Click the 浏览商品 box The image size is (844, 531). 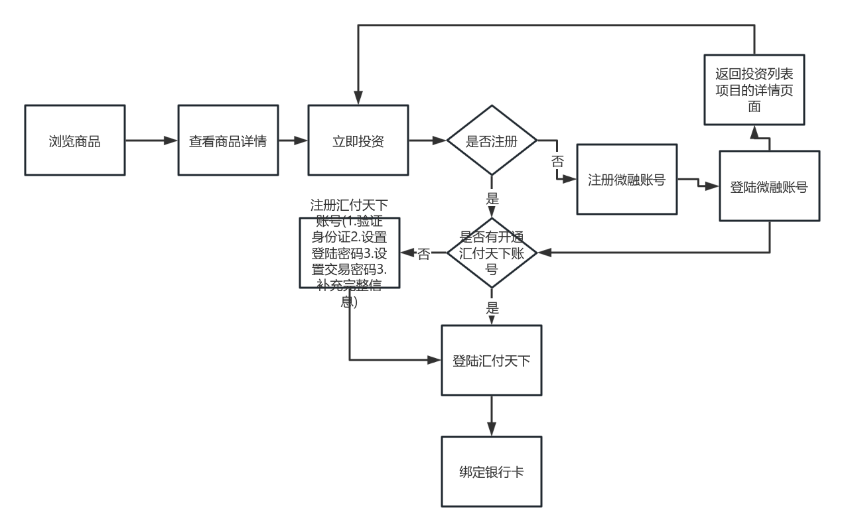[x=74, y=140]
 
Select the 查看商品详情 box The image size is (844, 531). [x=227, y=140]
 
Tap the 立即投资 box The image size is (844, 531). [x=358, y=140]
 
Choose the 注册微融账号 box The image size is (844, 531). [x=626, y=180]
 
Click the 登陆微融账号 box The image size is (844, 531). [x=770, y=186]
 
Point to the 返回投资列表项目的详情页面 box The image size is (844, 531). [x=754, y=90]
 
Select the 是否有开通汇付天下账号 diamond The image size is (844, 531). [x=492, y=253]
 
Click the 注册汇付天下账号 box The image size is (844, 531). [x=349, y=253]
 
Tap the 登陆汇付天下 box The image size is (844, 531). [x=492, y=360]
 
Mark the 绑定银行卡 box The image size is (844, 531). [x=492, y=471]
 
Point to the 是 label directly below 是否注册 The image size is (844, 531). [x=492, y=198]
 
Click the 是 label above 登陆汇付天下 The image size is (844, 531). [x=492, y=308]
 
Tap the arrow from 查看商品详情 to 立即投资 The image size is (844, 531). [x=292, y=140]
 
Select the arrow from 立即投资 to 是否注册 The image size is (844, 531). [x=427, y=140]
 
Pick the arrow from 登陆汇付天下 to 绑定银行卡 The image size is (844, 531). [x=492, y=416]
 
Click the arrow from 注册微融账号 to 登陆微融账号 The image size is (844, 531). [x=699, y=184]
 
